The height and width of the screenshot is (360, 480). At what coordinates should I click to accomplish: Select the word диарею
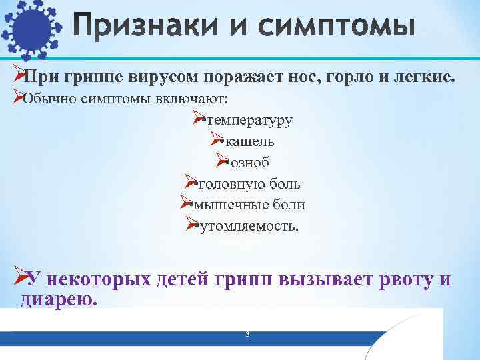[x=59, y=299]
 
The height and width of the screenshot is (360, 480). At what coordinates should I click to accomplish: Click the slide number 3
[x=247, y=334]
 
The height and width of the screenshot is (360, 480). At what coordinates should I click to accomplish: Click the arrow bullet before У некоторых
[x=21, y=276]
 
